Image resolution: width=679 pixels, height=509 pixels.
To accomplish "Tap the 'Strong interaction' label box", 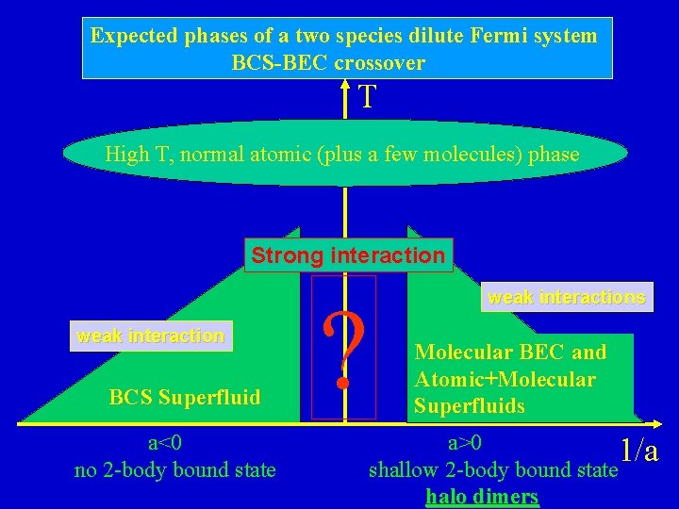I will (x=348, y=255).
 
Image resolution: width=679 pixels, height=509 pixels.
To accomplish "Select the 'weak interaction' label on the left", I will (x=151, y=336).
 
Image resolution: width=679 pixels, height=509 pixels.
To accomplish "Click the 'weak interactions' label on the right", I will (x=567, y=298).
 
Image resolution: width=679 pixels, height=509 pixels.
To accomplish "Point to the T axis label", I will (x=368, y=96).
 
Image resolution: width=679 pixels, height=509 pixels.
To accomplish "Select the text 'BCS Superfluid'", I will (x=185, y=397).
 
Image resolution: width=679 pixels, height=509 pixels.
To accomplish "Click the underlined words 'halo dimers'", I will (x=482, y=497).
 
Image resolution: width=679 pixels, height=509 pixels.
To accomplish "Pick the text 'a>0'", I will (x=464, y=443).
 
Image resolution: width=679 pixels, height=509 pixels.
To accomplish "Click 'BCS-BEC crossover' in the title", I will (x=328, y=63).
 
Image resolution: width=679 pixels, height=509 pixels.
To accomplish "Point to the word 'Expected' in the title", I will (x=134, y=36).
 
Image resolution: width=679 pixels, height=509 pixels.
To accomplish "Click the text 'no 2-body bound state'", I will (x=175, y=469).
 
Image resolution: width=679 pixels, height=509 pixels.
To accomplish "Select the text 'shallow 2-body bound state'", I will (x=490, y=469).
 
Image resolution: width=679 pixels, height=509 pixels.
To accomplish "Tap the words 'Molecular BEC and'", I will (x=510, y=353).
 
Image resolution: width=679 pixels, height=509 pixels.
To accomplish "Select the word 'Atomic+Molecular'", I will (x=505, y=380).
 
